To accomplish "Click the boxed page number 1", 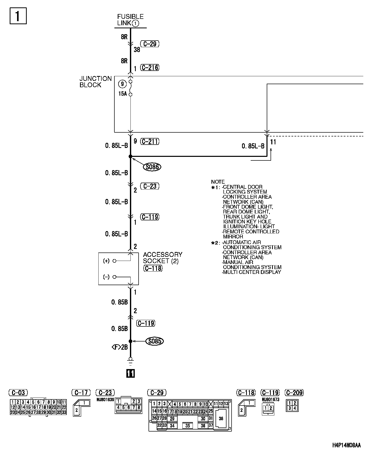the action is click(18, 16).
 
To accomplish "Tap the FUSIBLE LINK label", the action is click(130, 20).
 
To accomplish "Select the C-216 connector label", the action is click(150, 68).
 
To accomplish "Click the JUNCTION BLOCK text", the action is click(96, 82).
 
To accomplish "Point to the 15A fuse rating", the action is click(122, 94).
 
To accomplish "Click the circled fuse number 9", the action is click(123, 84).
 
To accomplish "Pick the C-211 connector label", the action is click(150, 141).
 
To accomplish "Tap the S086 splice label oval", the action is click(152, 167).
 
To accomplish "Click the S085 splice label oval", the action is click(154, 341).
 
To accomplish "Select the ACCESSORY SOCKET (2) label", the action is click(163, 258).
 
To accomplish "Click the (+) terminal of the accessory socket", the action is click(114, 261).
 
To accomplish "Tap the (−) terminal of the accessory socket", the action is click(114, 277).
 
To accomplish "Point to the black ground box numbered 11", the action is click(130, 373).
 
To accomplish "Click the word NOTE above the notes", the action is click(218, 182).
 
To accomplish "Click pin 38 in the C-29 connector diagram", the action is click(221, 419).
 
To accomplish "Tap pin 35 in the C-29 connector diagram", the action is click(188, 426).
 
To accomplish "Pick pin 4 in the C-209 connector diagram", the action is click(295, 408).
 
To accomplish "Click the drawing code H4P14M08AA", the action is click(346, 446).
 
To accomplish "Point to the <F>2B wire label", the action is click(119, 347).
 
